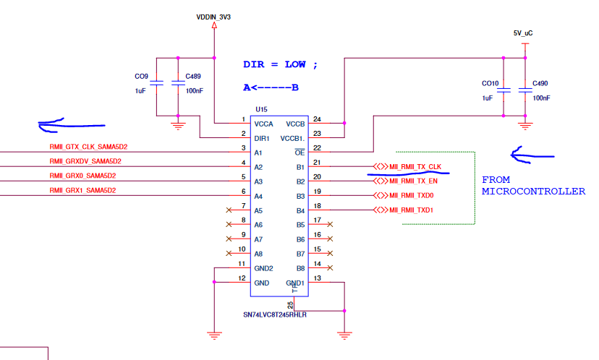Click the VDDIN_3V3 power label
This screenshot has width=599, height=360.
214,16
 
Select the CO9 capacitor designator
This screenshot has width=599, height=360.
141,77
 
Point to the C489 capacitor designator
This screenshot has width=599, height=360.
194,77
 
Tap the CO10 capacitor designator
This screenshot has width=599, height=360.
490,83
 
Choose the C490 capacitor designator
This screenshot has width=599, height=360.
540,83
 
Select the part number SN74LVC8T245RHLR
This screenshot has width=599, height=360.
274,315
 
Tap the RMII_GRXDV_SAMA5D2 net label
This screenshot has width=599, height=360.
85,161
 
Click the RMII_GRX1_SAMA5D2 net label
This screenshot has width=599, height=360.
82,190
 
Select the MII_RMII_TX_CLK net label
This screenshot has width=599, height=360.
415,167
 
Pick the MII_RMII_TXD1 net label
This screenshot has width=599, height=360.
412,210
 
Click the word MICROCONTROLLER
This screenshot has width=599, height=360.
533,192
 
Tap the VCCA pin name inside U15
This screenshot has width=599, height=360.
264,124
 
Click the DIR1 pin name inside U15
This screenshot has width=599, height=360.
263,138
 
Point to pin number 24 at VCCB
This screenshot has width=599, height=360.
317,119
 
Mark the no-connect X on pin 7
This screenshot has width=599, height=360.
229,210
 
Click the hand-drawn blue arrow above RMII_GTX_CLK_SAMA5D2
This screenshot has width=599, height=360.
61,124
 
